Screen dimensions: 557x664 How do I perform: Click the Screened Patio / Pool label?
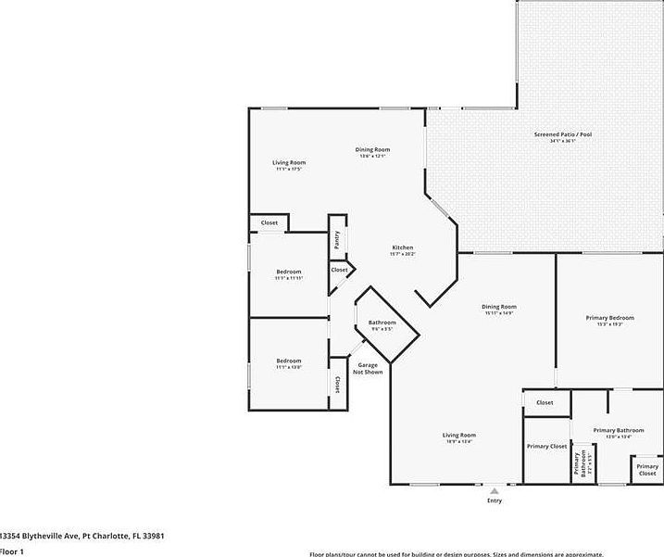[x=562, y=134]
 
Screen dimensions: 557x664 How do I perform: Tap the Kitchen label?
[x=402, y=247]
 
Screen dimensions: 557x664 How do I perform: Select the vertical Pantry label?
[x=337, y=239]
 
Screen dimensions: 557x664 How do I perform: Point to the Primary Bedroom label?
[x=609, y=318]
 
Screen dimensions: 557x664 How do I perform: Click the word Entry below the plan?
[x=495, y=500]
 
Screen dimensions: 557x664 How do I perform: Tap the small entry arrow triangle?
[x=495, y=490]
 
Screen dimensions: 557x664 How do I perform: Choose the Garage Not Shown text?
[x=368, y=369]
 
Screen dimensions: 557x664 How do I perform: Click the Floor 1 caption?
[x=11, y=551]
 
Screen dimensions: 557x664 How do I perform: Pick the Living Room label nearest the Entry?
[x=458, y=435]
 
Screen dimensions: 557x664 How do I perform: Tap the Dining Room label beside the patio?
[x=373, y=149]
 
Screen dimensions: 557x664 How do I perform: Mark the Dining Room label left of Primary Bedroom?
[x=499, y=307]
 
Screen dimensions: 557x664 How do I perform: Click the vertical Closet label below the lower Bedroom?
[x=338, y=386]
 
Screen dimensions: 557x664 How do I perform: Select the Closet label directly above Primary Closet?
[x=545, y=402]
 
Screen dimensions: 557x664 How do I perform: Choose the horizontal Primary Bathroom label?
[x=618, y=430]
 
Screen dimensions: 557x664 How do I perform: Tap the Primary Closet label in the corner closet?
[x=647, y=469]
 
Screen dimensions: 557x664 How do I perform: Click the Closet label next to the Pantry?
[x=339, y=270]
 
